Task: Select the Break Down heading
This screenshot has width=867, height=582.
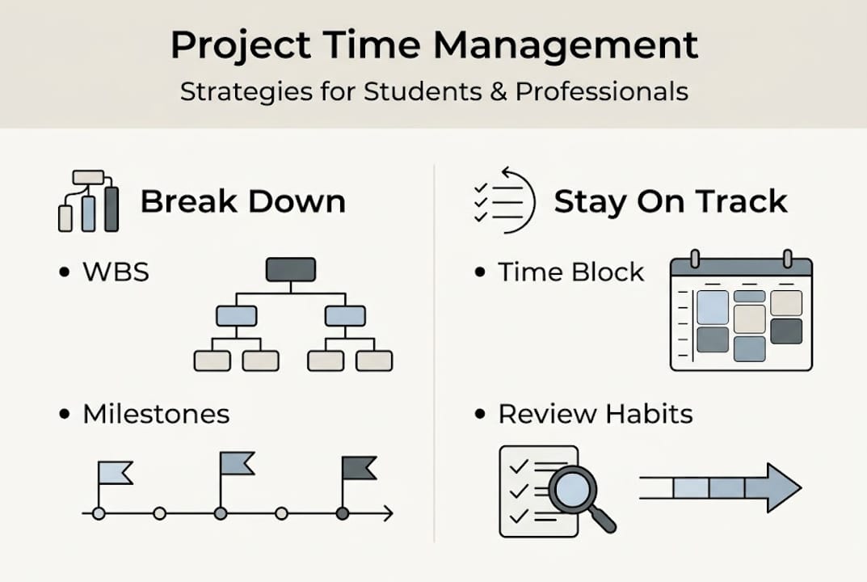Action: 242,201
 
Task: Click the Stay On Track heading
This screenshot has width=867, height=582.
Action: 670,201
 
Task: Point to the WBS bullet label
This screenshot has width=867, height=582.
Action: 116,272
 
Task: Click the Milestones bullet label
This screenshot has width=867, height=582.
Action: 156,415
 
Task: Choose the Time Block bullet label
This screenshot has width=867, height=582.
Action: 570,272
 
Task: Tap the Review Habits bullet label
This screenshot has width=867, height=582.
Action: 595,415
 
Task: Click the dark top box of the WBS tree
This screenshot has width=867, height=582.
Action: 291,269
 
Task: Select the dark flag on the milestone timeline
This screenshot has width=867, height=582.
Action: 358,467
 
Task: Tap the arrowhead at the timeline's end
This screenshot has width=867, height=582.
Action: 388,513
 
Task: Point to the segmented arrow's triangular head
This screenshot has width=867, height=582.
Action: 782,487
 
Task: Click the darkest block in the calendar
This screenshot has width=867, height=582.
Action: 785,331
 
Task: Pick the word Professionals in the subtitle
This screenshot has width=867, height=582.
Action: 601,91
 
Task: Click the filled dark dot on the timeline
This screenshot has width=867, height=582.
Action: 342,513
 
